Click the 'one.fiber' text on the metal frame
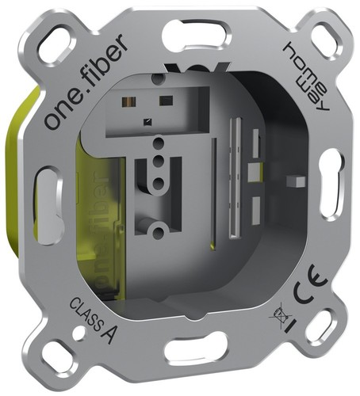click(x=86, y=82)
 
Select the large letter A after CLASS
click(x=109, y=333)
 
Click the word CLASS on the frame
click(x=85, y=314)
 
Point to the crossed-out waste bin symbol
click(x=280, y=314)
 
